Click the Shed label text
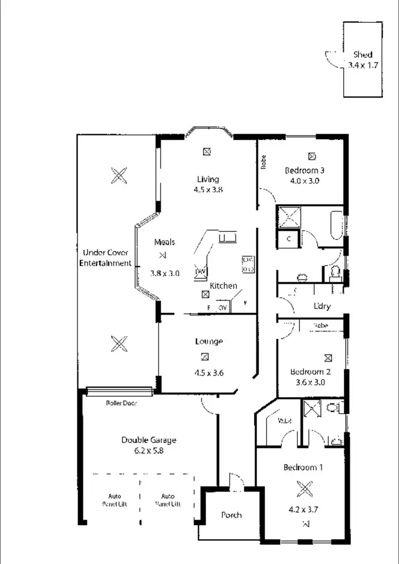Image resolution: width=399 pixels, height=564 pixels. click(x=363, y=54)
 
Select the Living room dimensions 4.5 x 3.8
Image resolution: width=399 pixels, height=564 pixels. click(x=207, y=189)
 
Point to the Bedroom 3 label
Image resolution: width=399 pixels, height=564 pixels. click(x=305, y=171)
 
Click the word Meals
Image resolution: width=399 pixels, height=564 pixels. click(x=164, y=242)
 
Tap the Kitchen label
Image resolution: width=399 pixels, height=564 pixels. click(x=223, y=286)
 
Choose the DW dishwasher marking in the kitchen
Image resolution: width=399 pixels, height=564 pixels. click(x=201, y=272)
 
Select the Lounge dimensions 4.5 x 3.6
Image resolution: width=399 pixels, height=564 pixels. click(x=209, y=373)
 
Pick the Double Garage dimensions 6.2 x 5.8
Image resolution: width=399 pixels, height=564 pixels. click(x=148, y=450)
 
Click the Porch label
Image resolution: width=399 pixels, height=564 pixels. click(x=231, y=515)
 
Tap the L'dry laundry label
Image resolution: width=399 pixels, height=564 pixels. click(x=322, y=306)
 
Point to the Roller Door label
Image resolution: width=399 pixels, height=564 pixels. click(x=121, y=403)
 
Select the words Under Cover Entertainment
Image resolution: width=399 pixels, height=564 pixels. click(x=105, y=258)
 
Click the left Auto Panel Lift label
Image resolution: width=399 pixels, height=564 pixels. click(x=115, y=500)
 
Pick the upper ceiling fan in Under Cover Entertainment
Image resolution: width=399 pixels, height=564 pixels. click(x=119, y=175)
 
